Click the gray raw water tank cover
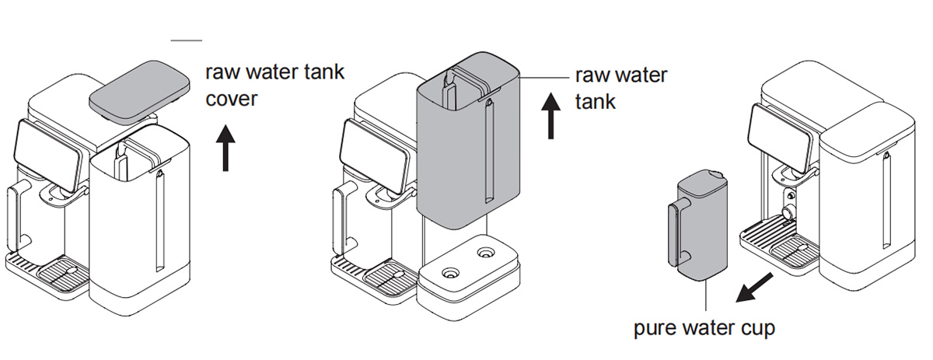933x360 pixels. (x=140, y=93)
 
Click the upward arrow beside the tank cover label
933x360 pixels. (x=225, y=148)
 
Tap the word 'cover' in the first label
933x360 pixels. (x=232, y=100)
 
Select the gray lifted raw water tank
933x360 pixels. (x=468, y=142)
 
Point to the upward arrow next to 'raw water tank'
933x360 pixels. (x=550, y=115)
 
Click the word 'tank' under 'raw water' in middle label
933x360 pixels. (x=596, y=102)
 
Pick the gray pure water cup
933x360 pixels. (x=698, y=225)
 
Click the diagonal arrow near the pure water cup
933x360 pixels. (x=754, y=287)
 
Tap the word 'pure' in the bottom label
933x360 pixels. (x=656, y=328)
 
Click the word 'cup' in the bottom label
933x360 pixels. (x=758, y=328)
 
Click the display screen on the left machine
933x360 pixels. (x=47, y=155)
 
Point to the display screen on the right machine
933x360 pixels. (x=781, y=138)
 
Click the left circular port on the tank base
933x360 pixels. (x=450, y=274)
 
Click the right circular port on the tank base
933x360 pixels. (x=485, y=253)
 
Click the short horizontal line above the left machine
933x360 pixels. (x=186, y=40)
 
